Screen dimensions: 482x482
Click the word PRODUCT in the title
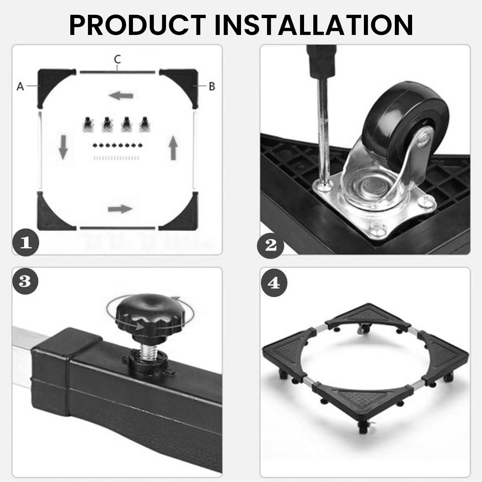pyautogui.click(x=137, y=25)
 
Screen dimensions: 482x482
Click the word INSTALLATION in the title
pyautogui.click(x=314, y=25)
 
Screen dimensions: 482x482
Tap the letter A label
pyautogui.click(x=20, y=86)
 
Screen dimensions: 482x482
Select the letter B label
pyautogui.click(x=212, y=86)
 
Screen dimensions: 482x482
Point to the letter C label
pyautogui.click(x=117, y=59)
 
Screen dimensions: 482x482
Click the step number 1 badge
pyautogui.click(x=26, y=242)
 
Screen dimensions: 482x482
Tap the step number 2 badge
pyautogui.click(x=270, y=245)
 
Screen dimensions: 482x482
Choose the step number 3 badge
pyautogui.click(x=25, y=281)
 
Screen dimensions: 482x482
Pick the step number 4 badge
pyautogui.click(x=274, y=283)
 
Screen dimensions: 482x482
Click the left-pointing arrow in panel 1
pyautogui.click(x=121, y=96)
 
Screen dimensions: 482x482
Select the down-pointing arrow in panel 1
pyautogui.click(x=63, y=147)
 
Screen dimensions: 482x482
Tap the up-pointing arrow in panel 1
pyautogui.click(x=173, y=148)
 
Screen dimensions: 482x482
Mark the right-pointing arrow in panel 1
pyautogui.click(x=120, y=209)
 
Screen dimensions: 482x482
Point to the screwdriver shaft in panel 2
pyautogui.click(x=324, y=130)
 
